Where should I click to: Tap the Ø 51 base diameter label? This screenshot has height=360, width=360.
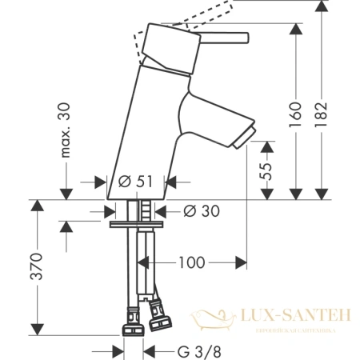pos(131,181)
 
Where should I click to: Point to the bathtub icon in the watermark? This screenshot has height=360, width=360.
pos(214,320)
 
